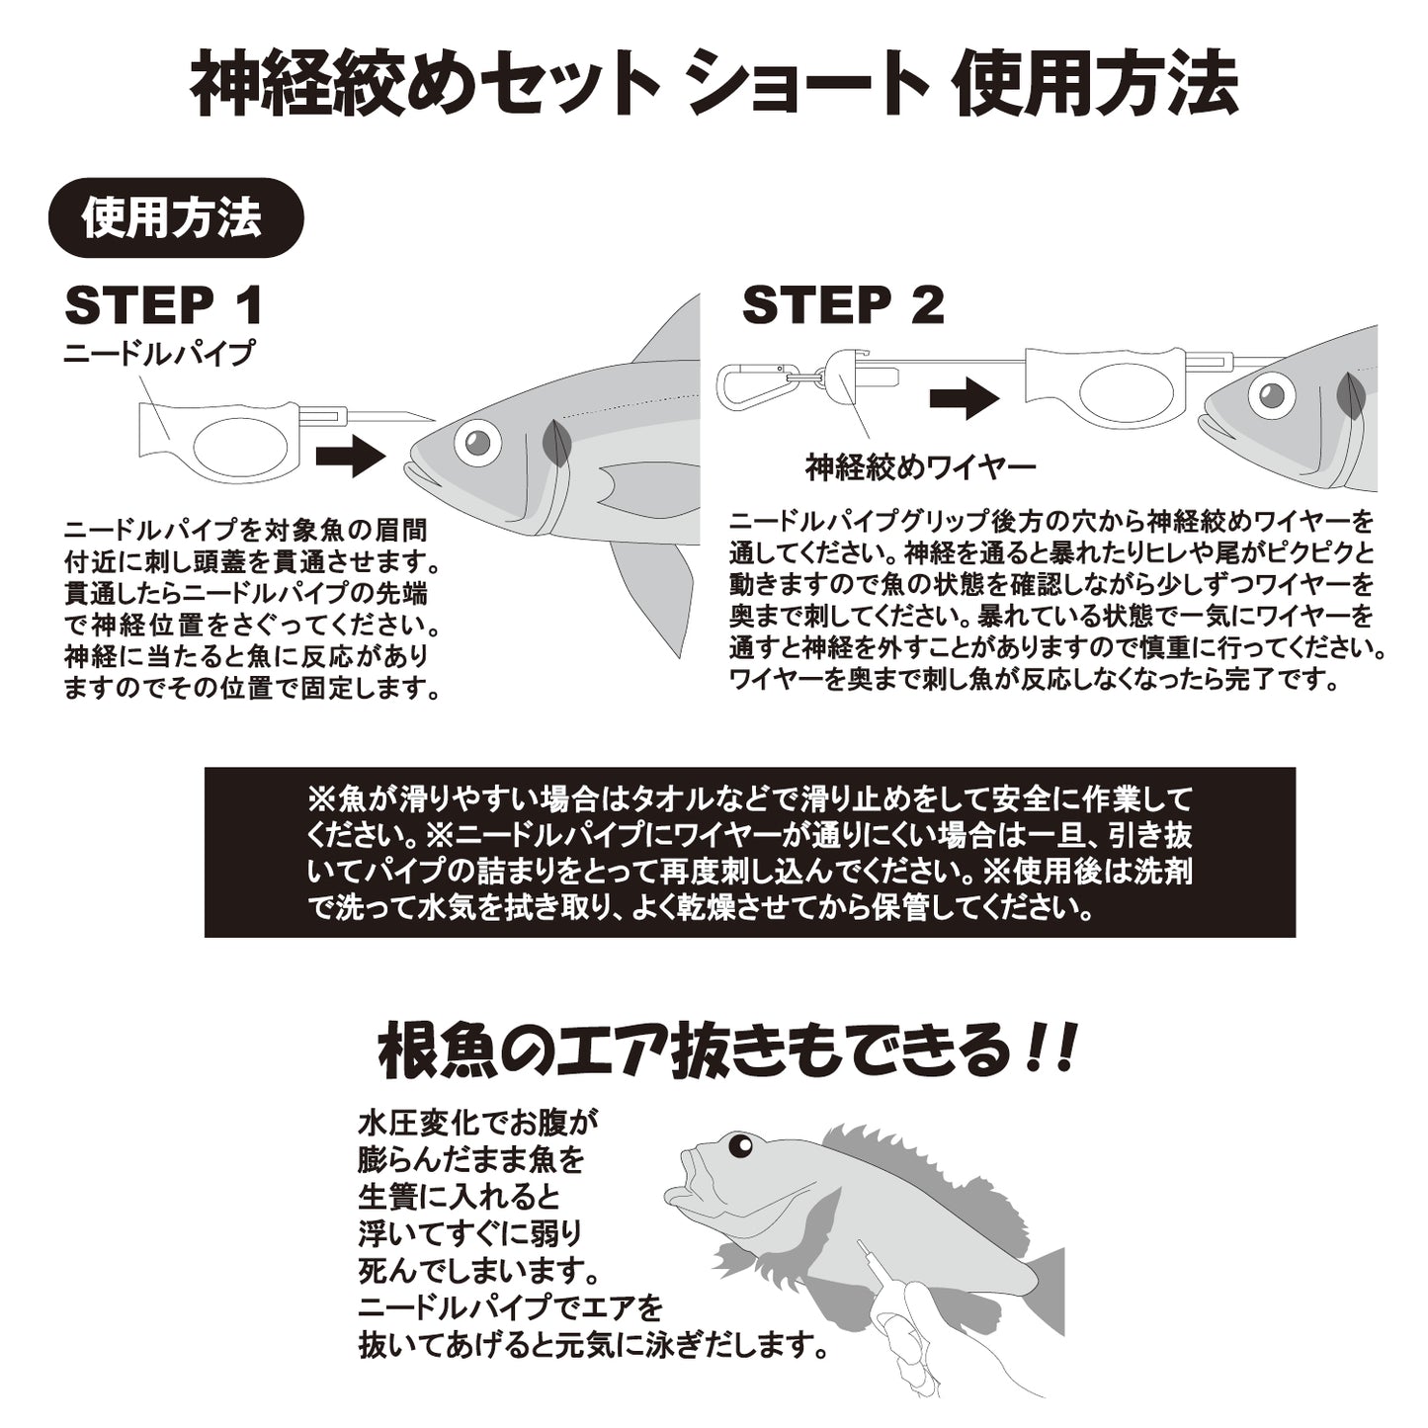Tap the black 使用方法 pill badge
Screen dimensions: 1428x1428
pos(175,218)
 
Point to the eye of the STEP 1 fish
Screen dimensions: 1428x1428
pos(477,442)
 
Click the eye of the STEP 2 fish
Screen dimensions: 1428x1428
pos(1271,396)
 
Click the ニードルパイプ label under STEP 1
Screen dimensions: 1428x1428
pos(159,353)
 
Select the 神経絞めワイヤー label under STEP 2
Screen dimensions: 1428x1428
pos(920,466)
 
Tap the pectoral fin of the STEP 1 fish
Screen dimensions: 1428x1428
pos(642,486)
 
